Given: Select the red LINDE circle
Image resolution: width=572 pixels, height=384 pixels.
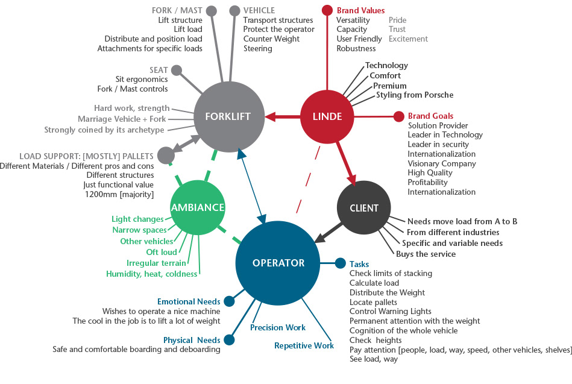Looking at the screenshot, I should click(x=327, y=116).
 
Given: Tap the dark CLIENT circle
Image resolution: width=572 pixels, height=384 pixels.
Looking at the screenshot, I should click(x=364, y=208).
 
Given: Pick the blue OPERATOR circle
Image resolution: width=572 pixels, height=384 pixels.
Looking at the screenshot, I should click(x=278, y=263).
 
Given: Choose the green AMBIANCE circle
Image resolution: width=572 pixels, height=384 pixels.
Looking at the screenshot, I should click(x=198, y=207).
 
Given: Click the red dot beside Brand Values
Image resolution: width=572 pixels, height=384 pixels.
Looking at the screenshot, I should click(x=327, y=10).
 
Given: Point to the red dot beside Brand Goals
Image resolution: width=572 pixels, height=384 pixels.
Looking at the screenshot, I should click(x=398, y=116).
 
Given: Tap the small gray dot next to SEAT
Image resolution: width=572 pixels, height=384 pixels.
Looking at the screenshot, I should click(x=177, y=71).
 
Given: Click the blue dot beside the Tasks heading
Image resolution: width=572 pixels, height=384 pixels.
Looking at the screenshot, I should click(x=340, y=263).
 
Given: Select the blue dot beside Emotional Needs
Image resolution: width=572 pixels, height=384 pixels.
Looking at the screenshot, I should click(x=229, y=301).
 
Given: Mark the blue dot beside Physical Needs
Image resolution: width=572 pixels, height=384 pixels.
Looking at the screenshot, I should click(x=229, y=340).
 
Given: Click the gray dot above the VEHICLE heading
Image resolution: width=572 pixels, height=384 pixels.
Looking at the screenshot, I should click(x=234, y=10).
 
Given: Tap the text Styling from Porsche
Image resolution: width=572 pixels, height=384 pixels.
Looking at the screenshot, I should click(x=414, y=95).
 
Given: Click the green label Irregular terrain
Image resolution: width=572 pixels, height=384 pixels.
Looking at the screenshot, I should click(x=156, y=263).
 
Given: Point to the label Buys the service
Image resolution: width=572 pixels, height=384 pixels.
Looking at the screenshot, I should click(x=426, y=254).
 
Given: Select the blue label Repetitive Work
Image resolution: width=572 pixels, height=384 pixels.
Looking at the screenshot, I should click(x=304, y=345).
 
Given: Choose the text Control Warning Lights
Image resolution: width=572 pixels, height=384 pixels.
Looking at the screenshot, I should click(x=390, y=311).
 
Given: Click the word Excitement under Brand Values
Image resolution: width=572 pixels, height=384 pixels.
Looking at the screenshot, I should click(x=408, y=39).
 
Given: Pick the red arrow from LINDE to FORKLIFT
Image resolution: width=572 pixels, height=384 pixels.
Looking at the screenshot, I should click(x=283, y=116).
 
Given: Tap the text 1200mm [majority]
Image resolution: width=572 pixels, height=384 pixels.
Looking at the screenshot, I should click(x=118, y=194).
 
